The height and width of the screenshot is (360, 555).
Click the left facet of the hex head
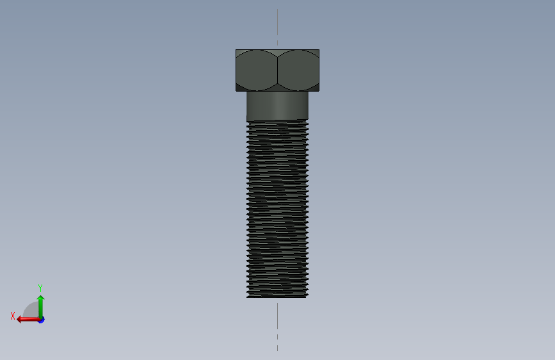tap(256, 70)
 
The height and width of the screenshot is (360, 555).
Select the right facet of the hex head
tap(298, 70)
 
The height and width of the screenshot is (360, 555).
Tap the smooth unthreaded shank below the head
tap(278, 106)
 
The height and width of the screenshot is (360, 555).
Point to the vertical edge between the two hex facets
tap(278, 70)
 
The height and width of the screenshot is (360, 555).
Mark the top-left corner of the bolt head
tap(236, 50)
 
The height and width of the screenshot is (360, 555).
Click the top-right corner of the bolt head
tap(319, 50)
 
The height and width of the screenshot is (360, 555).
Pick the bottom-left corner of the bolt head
tap(236, 91)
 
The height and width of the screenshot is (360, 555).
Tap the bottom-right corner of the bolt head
tap(319, 91)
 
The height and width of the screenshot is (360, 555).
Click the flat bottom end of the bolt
tap(278, 297)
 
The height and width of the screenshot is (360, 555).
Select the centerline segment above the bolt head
tap(278, 22)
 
